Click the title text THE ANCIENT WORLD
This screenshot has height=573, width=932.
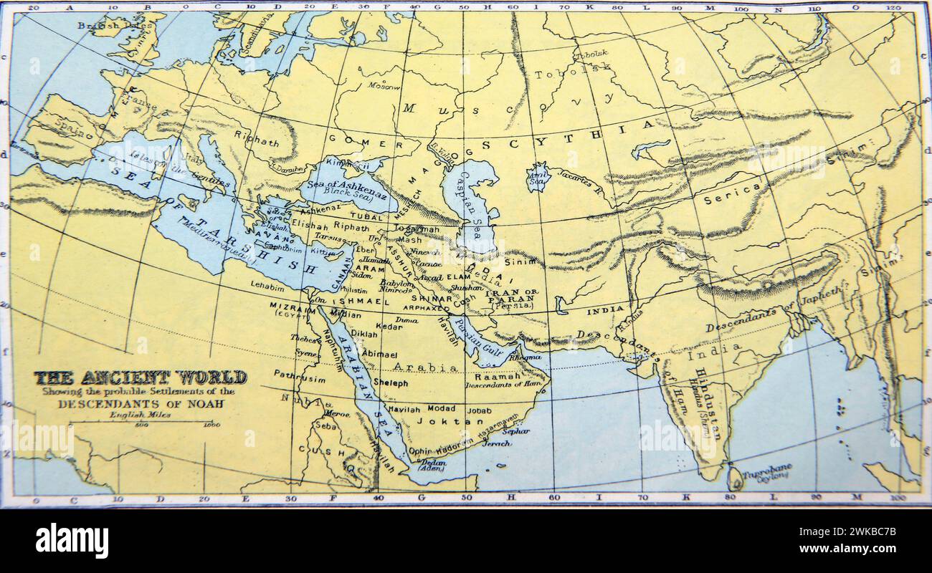(141, 377)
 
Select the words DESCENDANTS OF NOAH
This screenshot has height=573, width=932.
(141, 403)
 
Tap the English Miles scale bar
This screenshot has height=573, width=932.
(141, 423)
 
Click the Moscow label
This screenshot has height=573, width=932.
(384, 85)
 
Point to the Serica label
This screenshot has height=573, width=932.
(731, 192)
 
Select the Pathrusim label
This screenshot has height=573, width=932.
(299, 373)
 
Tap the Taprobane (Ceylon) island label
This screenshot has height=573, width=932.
(767, 475)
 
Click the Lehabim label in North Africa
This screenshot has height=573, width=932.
(267, 284)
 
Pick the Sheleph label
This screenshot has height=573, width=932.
(391, 383)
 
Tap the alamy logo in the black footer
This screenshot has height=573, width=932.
(72, 540)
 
